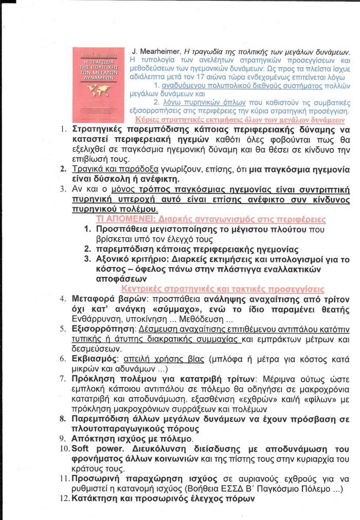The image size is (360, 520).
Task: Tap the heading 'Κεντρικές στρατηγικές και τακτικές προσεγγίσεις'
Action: coord(222,289)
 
